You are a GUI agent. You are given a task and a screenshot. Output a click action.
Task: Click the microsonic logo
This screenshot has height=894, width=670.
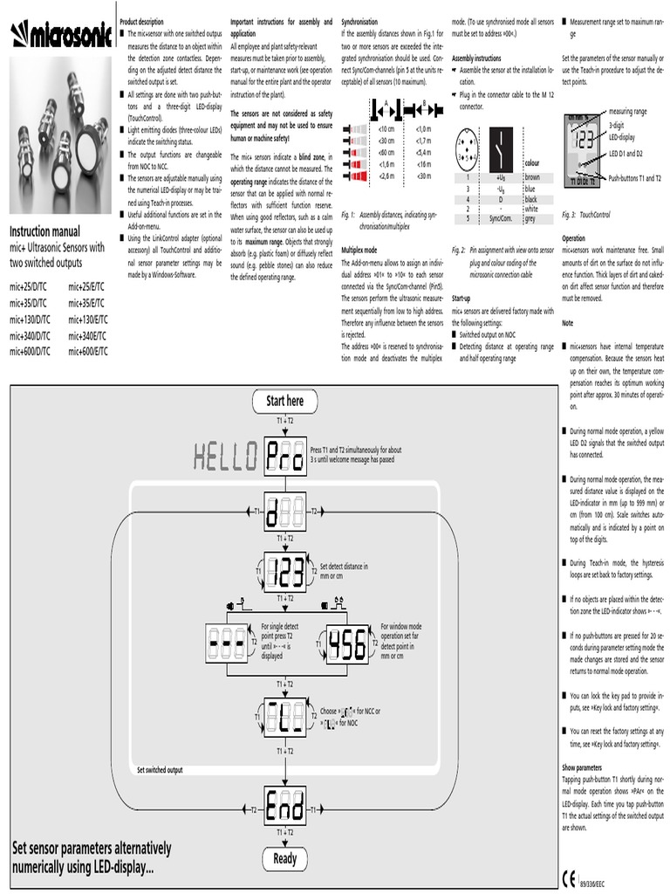[60, 35]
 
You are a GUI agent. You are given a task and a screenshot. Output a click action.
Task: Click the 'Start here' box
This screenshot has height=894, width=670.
[284, 401]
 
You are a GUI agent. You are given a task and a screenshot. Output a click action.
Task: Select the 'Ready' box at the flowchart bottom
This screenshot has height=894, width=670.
[284, 858]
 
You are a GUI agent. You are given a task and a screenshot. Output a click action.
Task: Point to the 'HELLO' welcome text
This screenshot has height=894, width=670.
[225, 455]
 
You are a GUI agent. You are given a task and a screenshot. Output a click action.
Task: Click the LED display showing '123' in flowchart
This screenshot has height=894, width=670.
[284, 572]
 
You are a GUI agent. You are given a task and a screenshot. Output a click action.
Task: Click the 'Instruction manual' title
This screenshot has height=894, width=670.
[44, 231]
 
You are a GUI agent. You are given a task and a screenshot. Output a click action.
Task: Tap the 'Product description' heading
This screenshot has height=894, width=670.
[141, 21]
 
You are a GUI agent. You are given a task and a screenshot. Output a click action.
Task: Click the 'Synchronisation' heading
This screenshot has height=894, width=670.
[366, 21]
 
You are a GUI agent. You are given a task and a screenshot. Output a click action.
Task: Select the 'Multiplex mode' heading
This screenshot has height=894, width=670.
[365, 250]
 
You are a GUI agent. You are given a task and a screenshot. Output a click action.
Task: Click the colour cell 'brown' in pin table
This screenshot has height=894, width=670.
[532, 177]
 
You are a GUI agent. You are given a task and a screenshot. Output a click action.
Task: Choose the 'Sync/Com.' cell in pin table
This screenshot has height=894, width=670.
[500, 219]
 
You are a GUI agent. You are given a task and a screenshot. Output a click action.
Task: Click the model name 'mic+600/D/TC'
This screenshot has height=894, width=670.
[31, 351]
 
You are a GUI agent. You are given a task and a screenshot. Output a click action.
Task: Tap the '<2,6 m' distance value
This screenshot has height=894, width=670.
[386, 175]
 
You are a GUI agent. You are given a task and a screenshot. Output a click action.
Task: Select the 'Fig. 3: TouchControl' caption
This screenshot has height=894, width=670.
[585, 215]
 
